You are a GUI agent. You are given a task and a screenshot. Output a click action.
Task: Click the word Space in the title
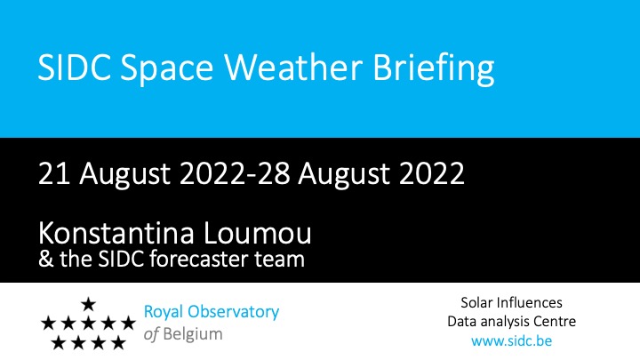point(166,68)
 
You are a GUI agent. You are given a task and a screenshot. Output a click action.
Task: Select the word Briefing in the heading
point(434,68)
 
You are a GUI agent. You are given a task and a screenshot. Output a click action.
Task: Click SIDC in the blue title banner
point(75,67)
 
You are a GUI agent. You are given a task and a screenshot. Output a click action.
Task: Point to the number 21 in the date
point(54,173)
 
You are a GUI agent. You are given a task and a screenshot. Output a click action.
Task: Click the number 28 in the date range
point(274,173)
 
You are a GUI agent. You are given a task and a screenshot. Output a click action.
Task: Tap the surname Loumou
point(258,233)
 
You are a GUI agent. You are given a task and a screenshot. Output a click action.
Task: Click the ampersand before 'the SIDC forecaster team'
point(46,260)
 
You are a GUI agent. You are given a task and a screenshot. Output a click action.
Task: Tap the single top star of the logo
point(88,304)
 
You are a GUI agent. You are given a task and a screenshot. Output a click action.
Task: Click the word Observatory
point(233,312)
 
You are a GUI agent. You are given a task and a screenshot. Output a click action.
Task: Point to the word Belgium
point(193,334)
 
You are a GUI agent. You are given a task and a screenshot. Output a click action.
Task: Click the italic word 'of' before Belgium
point(151,334)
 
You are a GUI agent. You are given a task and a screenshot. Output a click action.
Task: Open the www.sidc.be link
point(511,340)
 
